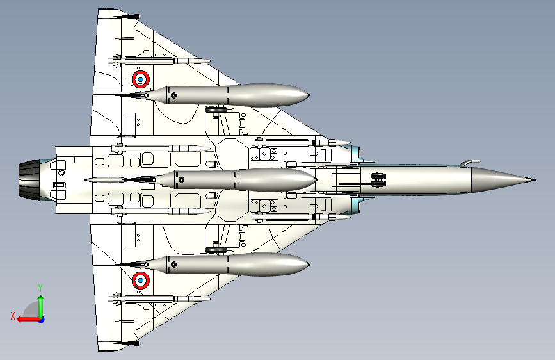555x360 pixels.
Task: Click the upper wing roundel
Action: (141, 79)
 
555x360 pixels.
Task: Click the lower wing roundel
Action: (141, 281)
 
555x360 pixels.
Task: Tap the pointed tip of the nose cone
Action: (535, 180)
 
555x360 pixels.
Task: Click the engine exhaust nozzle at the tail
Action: (29, 179)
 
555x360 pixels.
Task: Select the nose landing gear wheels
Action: (378, 180)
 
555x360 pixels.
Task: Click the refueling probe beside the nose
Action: (469, 163)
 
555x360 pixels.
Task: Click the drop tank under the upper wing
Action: (213, 95)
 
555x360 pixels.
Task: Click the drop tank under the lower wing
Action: (213, 265)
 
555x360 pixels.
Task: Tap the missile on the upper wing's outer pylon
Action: (159, 61)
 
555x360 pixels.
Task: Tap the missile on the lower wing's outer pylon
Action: (159, 299)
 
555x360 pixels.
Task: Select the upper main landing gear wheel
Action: (216, 109)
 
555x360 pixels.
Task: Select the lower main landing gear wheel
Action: (216, 250)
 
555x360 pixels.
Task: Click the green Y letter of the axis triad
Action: (40, 288)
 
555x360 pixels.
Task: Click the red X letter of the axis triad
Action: (13, 316)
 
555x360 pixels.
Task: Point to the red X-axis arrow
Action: (28, 320)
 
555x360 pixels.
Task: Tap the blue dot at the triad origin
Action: (42, 320)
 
